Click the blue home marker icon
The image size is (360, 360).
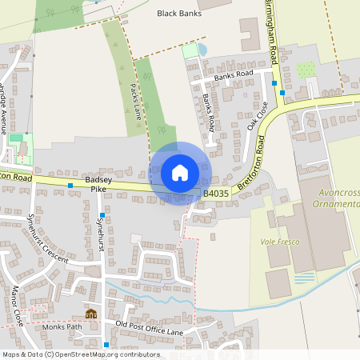[x=180, y=172]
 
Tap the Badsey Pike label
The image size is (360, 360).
[x=98, y=185]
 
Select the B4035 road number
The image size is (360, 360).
[x=215, y=194]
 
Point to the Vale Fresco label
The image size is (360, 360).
[x=278, y=241]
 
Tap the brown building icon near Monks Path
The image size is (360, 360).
[x=90, y=314]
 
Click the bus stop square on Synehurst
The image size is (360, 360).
[x=102, y=216]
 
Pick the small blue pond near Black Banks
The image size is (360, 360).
[x=202, y=50]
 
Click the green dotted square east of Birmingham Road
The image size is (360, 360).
[x=306, y=70]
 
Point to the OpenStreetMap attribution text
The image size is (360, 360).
[x=80, y=354]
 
